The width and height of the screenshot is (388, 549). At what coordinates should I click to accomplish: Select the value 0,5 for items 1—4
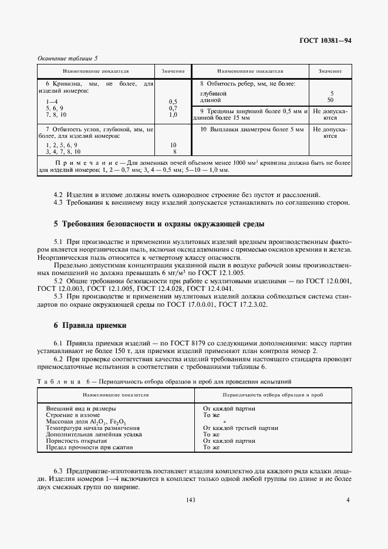pos(173,101)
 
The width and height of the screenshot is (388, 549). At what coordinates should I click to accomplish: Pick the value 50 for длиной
pos(332,100)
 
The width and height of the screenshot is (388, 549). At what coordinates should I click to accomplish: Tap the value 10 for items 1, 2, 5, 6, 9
pos(173,144)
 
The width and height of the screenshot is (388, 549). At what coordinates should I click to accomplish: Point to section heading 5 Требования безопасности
pos(158,223)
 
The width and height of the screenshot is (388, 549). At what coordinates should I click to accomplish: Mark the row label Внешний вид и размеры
pos(80,408)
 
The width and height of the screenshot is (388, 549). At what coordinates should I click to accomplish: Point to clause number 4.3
pos(58,203)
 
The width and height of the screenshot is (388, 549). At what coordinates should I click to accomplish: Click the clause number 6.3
pos(58,471)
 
